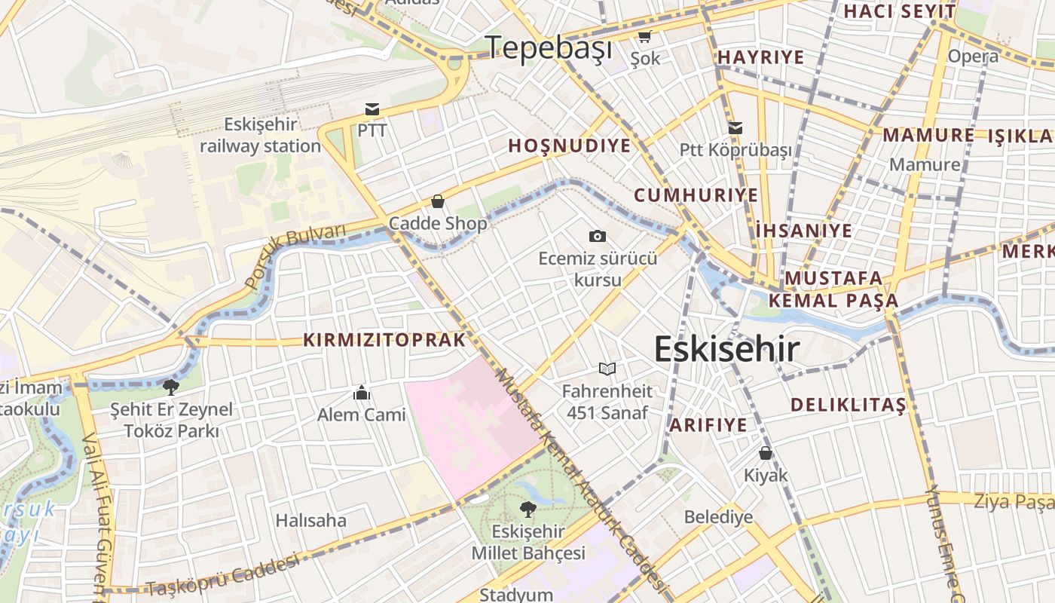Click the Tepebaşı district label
pyautogui.click(x=549, y=47)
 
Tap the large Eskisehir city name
pyautogui.click(x=726, y=349)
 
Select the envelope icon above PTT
pyautogui.click(x=372, y=109)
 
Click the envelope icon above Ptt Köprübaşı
pyautogui.click(x=735, y=128)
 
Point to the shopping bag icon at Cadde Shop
pyautogui.click(x=437, y=201)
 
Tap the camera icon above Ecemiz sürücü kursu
pyautogui.click(x=597, y=237)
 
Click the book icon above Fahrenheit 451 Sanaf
pyautogui.click(x=607, y=369)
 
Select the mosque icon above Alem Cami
pyautogui.click(x=362, y=393)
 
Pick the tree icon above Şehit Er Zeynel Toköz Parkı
pyautogui.click(x=171, y=387)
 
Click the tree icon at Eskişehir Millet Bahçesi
pyautogui.click(x=528, y=510)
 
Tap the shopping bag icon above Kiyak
pyautogui.click(x=766, y=453)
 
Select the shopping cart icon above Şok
pyautogui.click(x=644, y=36)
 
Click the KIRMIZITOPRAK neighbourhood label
pyautogui.click(x=384, y=340)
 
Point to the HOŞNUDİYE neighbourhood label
pyautogui.click(x=569, y=146)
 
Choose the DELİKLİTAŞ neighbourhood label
pyautogui.click(x=848, y=405)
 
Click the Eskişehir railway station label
pyautogui.click(x=260, y=136)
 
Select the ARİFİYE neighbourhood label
pyautogui.click(x=708, y=425)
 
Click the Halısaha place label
pyautogui.click(x=310, y=521)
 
